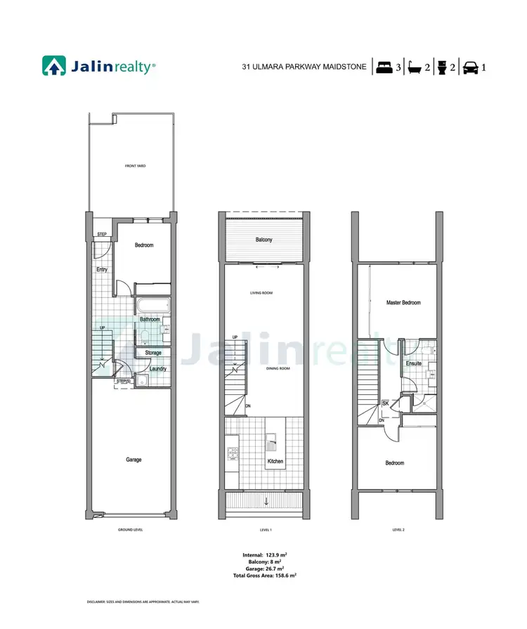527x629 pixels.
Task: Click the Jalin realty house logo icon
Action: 54,67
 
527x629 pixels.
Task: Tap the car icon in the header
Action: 470,68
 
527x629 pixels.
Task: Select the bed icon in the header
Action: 384,68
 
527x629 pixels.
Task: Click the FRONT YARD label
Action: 130,166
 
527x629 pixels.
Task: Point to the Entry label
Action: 103,268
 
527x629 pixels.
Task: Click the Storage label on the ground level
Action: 153,353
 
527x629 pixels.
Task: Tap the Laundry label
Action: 157,368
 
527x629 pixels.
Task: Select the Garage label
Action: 134,460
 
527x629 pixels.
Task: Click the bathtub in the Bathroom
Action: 153,307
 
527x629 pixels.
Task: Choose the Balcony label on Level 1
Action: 263,240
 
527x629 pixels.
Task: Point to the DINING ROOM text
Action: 279,368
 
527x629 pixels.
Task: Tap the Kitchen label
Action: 275,462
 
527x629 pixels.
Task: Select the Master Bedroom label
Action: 403,303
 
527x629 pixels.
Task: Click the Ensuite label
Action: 414,364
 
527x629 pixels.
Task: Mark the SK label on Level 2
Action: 385,403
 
